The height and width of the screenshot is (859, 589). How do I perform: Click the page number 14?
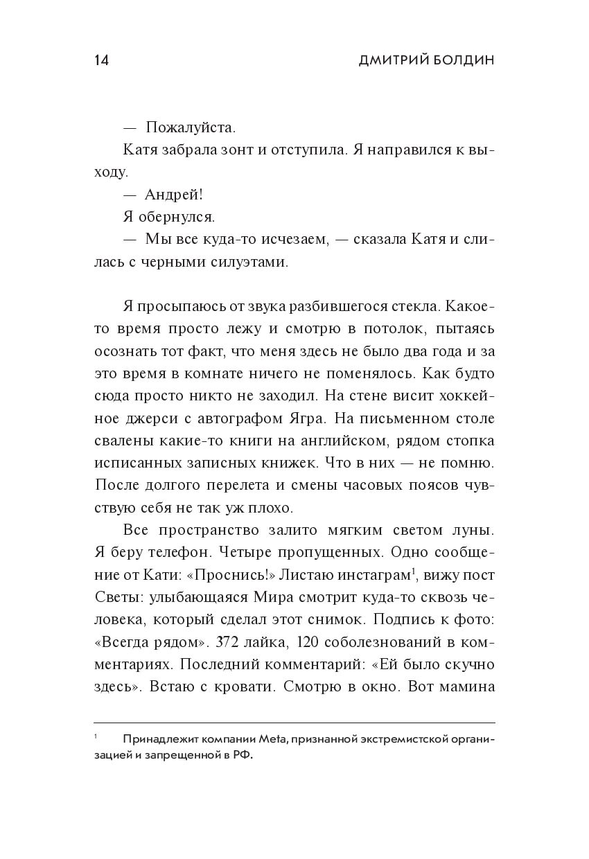[x=101, y=60]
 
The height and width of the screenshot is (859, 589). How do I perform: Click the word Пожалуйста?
[x=191, y=127]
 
